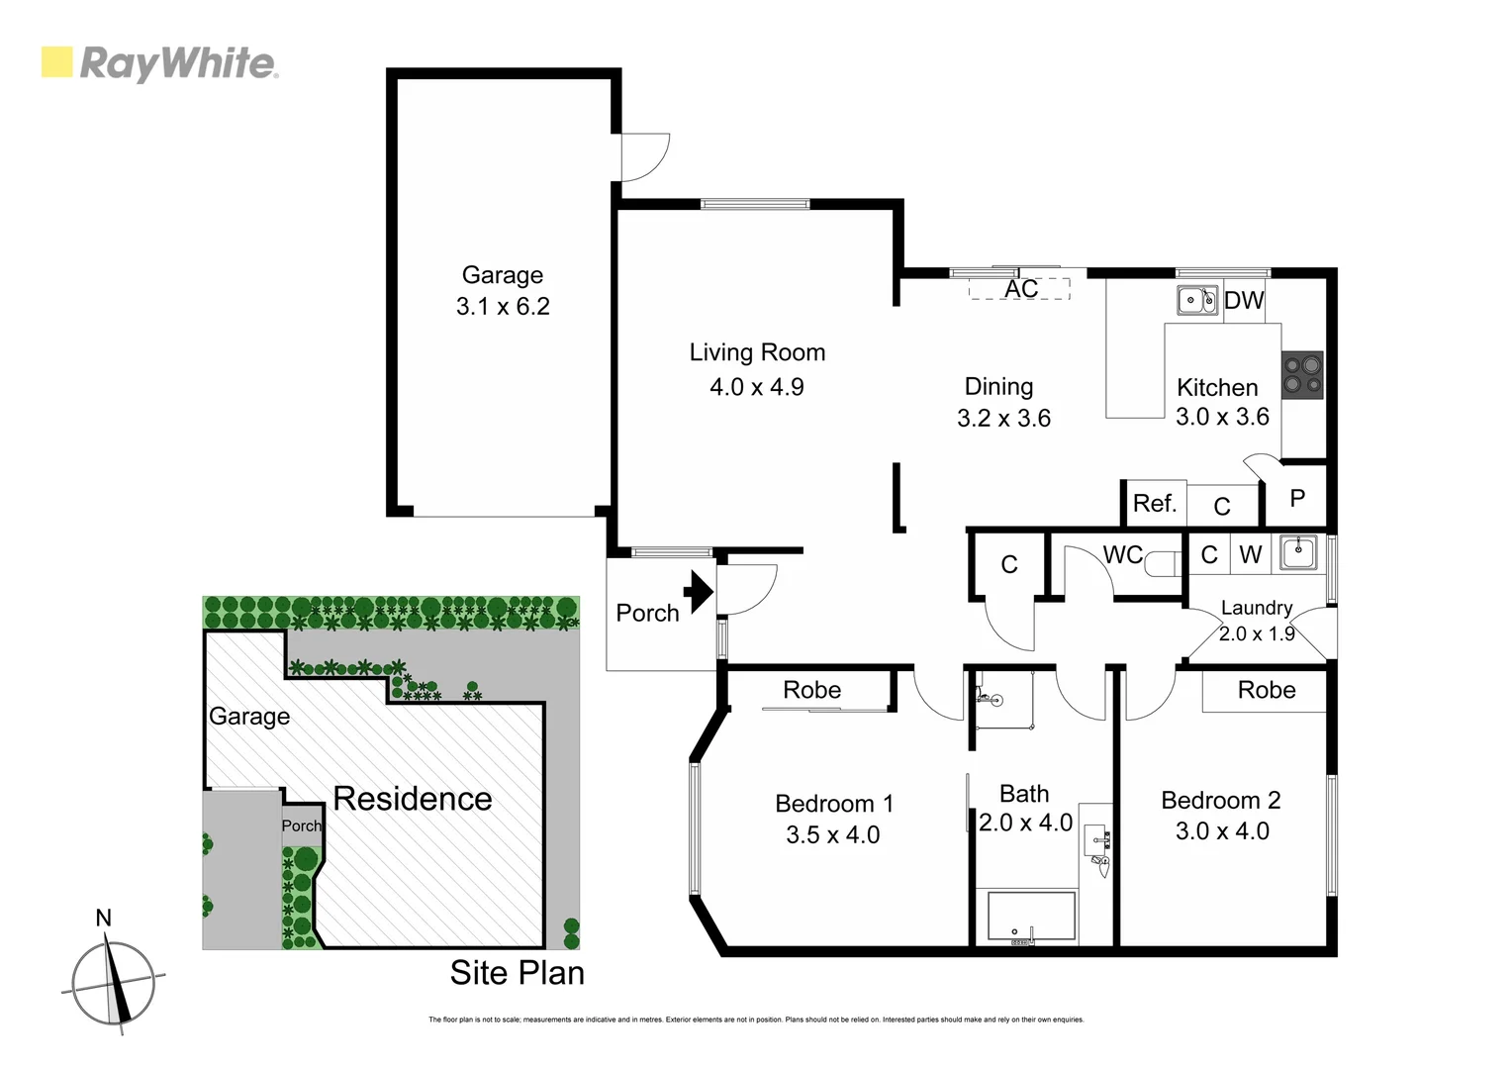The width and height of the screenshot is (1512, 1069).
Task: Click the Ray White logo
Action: (x=159, y=63)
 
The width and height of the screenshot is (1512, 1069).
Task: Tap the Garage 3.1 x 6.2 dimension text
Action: (x=503, y=307)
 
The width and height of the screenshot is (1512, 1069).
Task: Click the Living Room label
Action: (x=757, y=352)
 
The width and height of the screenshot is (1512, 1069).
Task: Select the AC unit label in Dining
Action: (x=1021, y=288)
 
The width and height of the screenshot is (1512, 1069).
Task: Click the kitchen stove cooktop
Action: (x=1301, y=375)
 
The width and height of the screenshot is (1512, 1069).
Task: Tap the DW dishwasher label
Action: (x=1244, y=300)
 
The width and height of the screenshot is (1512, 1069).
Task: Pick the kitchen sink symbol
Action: (x=1197, y=300)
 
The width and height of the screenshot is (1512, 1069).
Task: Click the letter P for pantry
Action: (x=1297, y=499)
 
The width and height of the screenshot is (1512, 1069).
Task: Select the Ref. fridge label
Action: (x=1155, y=504)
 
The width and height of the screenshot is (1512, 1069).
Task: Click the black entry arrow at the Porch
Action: (x=700, y=592)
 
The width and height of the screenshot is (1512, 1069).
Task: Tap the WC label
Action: (x=1122, y=555)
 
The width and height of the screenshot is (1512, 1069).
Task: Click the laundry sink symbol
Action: (x=1297, y=552)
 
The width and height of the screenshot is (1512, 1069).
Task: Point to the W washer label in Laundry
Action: (x=1251, y=555)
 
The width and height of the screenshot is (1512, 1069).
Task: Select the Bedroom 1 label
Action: (x=834, y=804)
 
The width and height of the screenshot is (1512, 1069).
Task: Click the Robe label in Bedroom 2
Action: (x=1266, y=690)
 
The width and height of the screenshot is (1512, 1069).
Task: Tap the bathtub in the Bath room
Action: (x=1030, y=918)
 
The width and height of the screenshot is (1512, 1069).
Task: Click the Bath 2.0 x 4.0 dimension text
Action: (x=1025, y=823)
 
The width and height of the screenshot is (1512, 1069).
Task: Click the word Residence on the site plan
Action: (x=412, y=799)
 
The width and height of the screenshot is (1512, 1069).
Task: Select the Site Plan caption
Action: (x=517, y=973)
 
